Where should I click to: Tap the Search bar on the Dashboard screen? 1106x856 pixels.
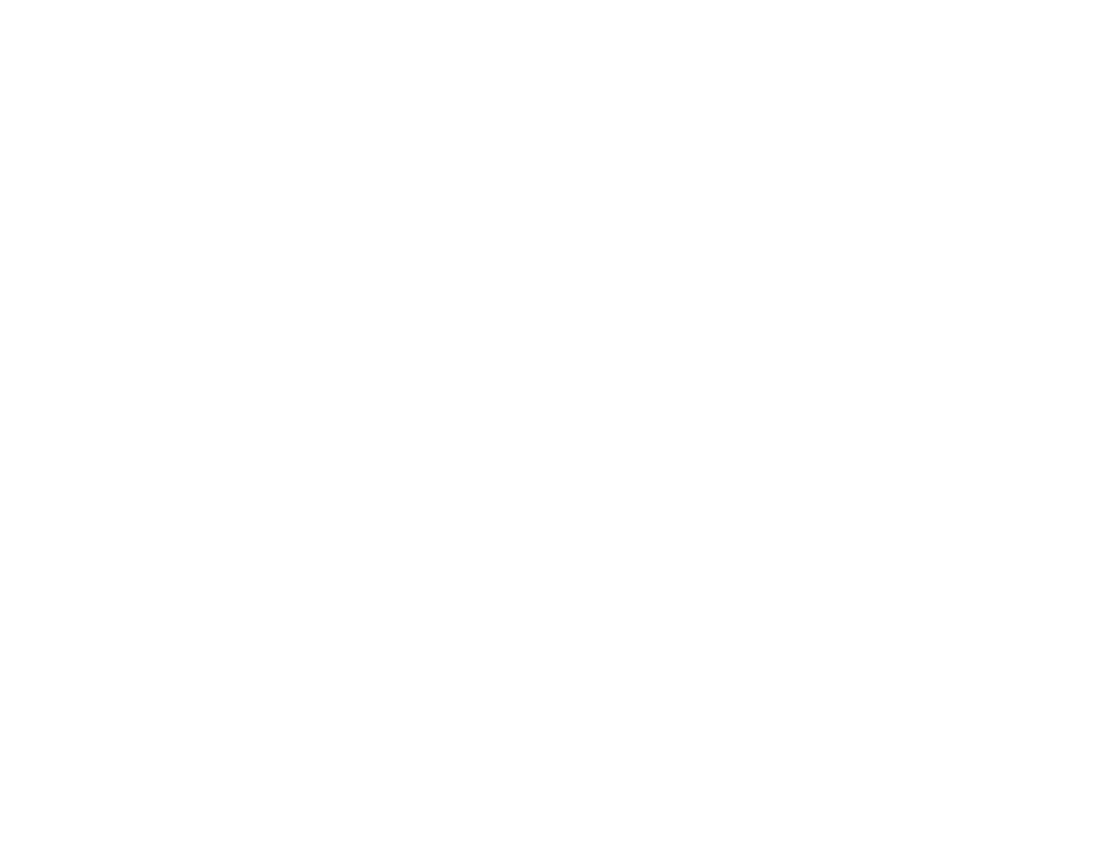click(234, 194)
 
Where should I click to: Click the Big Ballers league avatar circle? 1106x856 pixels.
click(131, 288)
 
